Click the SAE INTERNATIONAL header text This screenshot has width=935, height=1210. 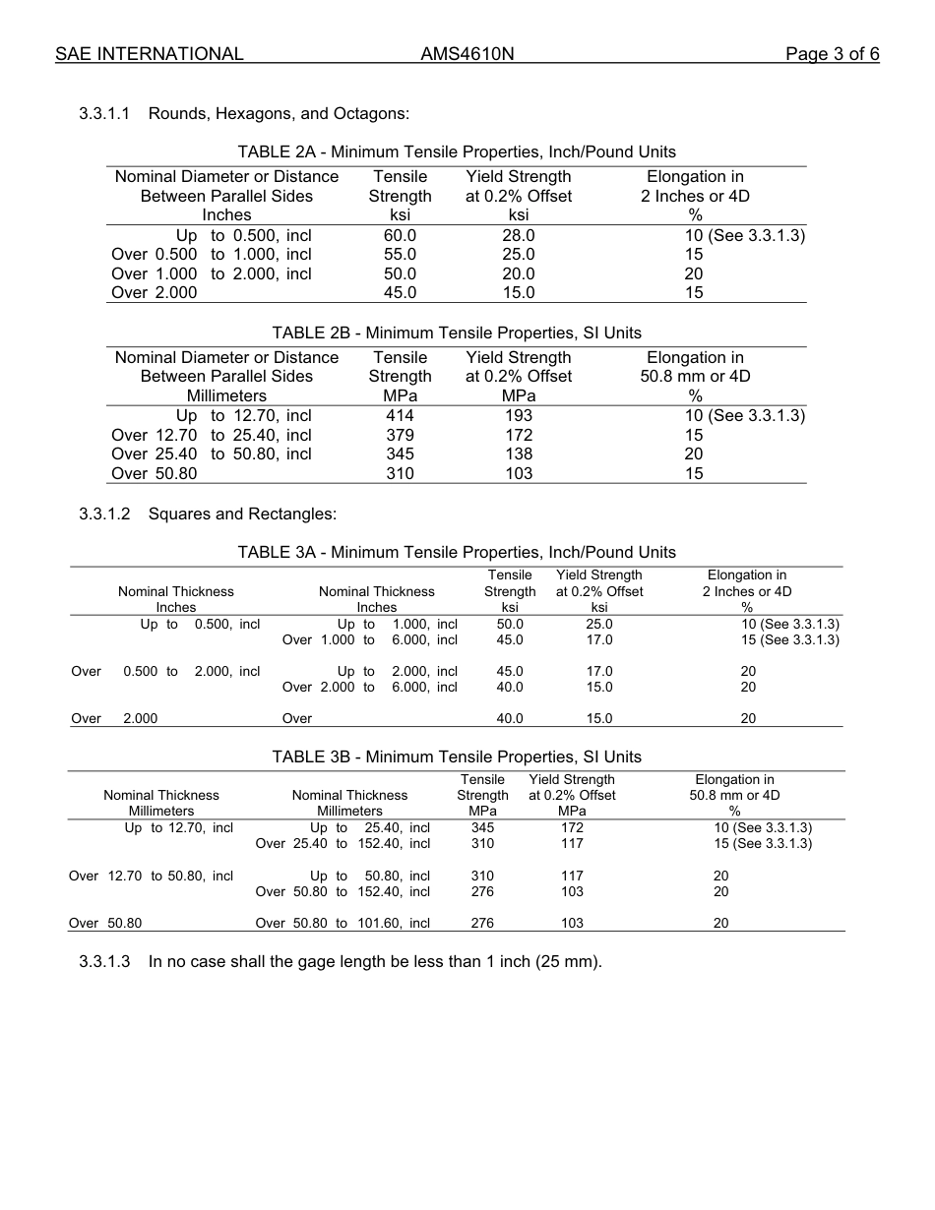click(149, 54)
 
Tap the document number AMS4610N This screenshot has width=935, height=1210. click(467, 54)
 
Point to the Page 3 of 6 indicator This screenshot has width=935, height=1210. click(832, 54)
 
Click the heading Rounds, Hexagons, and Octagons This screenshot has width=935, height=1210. click(279, 113)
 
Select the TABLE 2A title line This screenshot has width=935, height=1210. click(457, 151)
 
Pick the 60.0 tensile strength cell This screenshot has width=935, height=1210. click(400, 235)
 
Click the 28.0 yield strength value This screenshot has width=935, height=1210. click(518, 235)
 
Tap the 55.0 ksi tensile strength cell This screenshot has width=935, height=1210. click(400, 254)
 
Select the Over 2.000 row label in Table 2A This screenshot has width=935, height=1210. click(155, 292)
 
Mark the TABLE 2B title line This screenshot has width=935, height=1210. click(457, 333)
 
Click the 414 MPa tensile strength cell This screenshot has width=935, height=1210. click(400, 415)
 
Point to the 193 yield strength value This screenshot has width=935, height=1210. click(518, 415)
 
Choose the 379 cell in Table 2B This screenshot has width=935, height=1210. click(400, 435)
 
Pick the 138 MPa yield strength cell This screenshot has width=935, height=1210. click(518, 454)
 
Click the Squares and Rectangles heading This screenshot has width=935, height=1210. click(242, 514)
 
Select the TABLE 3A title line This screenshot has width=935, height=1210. click(457, 552)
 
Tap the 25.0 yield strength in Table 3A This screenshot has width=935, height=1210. click(598, 624)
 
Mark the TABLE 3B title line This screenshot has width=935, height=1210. click(457, 756)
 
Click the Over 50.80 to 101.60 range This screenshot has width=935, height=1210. click(343, 923)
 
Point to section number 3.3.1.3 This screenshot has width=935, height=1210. click(104, 961)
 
